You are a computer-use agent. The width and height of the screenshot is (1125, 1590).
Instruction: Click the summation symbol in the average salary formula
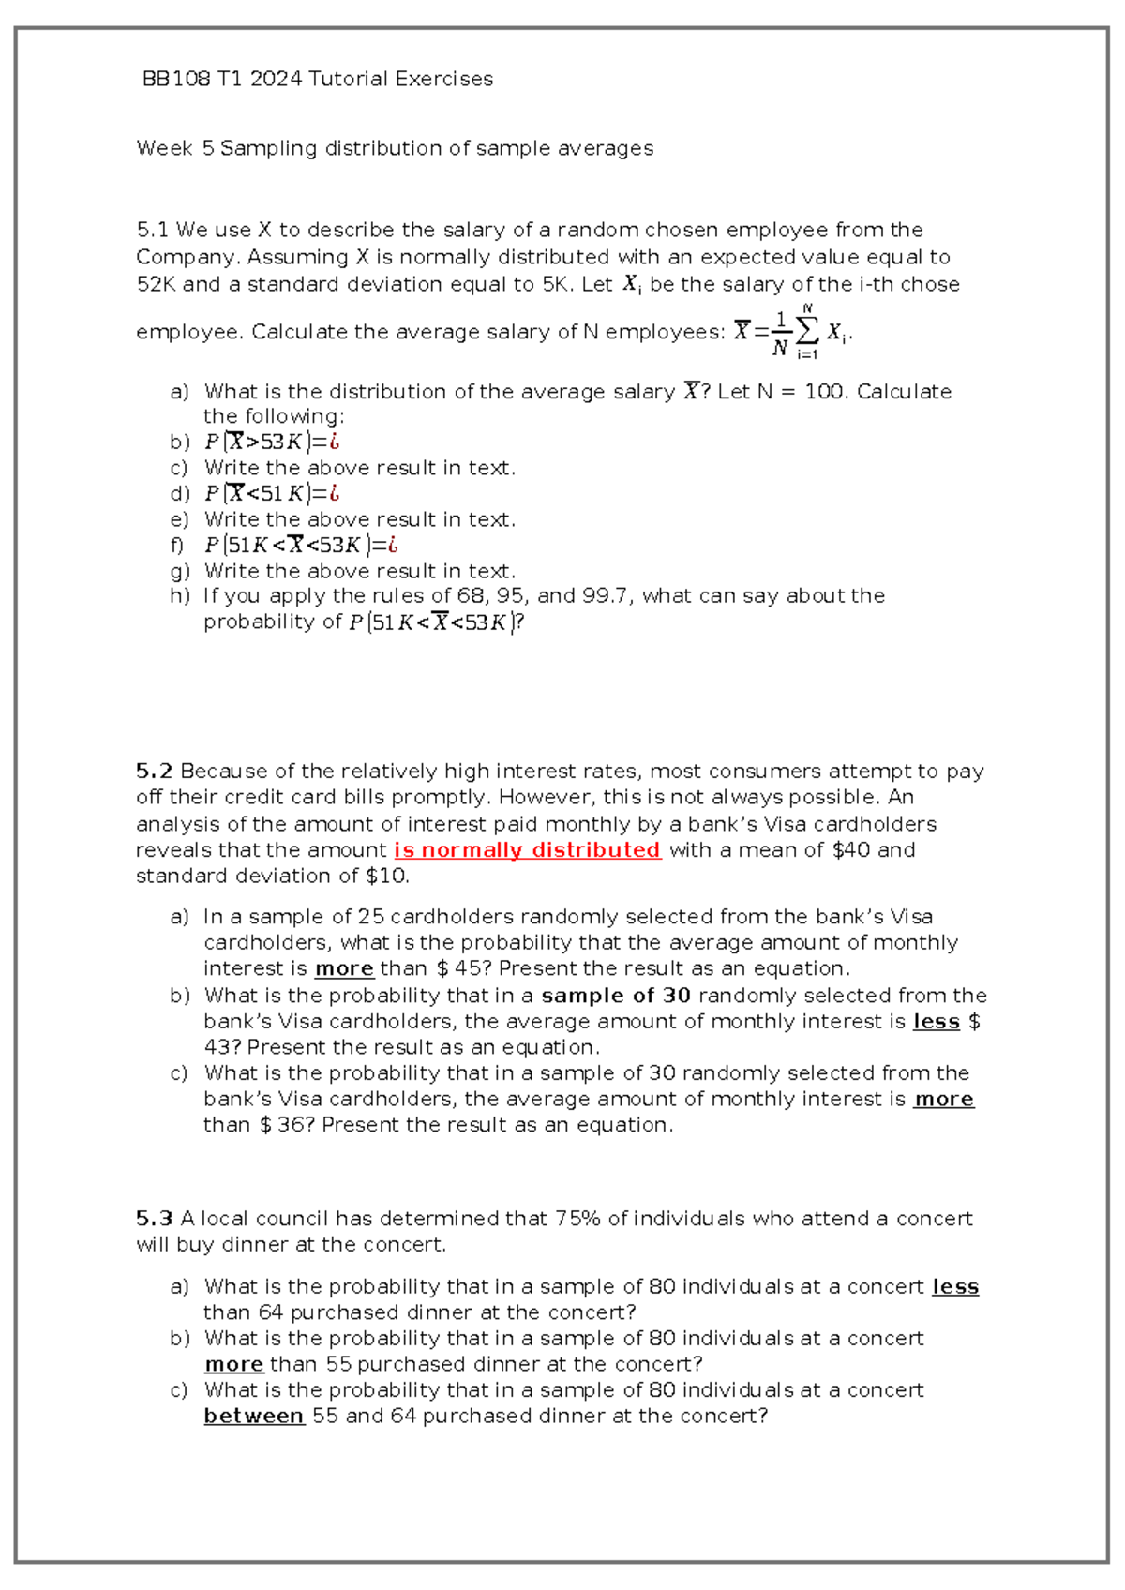807,330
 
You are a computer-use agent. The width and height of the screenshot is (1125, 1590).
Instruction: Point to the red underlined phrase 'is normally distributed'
528,850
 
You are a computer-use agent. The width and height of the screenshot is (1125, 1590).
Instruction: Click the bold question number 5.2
154,772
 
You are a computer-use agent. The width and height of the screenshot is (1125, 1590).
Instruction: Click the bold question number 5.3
154,1219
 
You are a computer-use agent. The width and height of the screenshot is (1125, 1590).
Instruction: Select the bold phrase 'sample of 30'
616,996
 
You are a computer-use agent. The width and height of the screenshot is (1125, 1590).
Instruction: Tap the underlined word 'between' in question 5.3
254,1416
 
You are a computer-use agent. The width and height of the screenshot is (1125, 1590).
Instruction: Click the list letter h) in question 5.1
180,596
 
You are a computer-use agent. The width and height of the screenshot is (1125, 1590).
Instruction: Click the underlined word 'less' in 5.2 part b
937,1022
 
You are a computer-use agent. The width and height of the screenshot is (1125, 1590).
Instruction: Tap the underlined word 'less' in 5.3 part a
955,1287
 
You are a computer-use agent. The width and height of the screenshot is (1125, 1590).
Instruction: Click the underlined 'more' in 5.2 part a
344,968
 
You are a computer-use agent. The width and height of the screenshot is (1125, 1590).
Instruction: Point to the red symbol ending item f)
393,545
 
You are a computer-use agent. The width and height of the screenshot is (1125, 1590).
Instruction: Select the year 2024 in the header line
276,79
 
